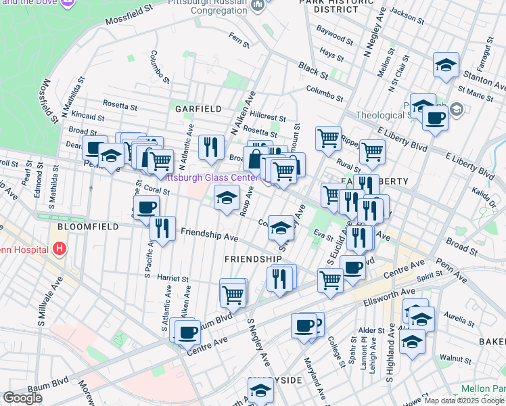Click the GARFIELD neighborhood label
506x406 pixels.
[198, 108]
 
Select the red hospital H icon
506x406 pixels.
[60, 249]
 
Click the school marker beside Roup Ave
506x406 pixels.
[227, 198]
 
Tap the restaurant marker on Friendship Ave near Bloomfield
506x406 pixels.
[162, 228]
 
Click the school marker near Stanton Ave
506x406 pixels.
[446, 65]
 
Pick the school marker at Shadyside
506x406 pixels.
[260, 390]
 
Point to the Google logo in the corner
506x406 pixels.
[22, 398]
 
